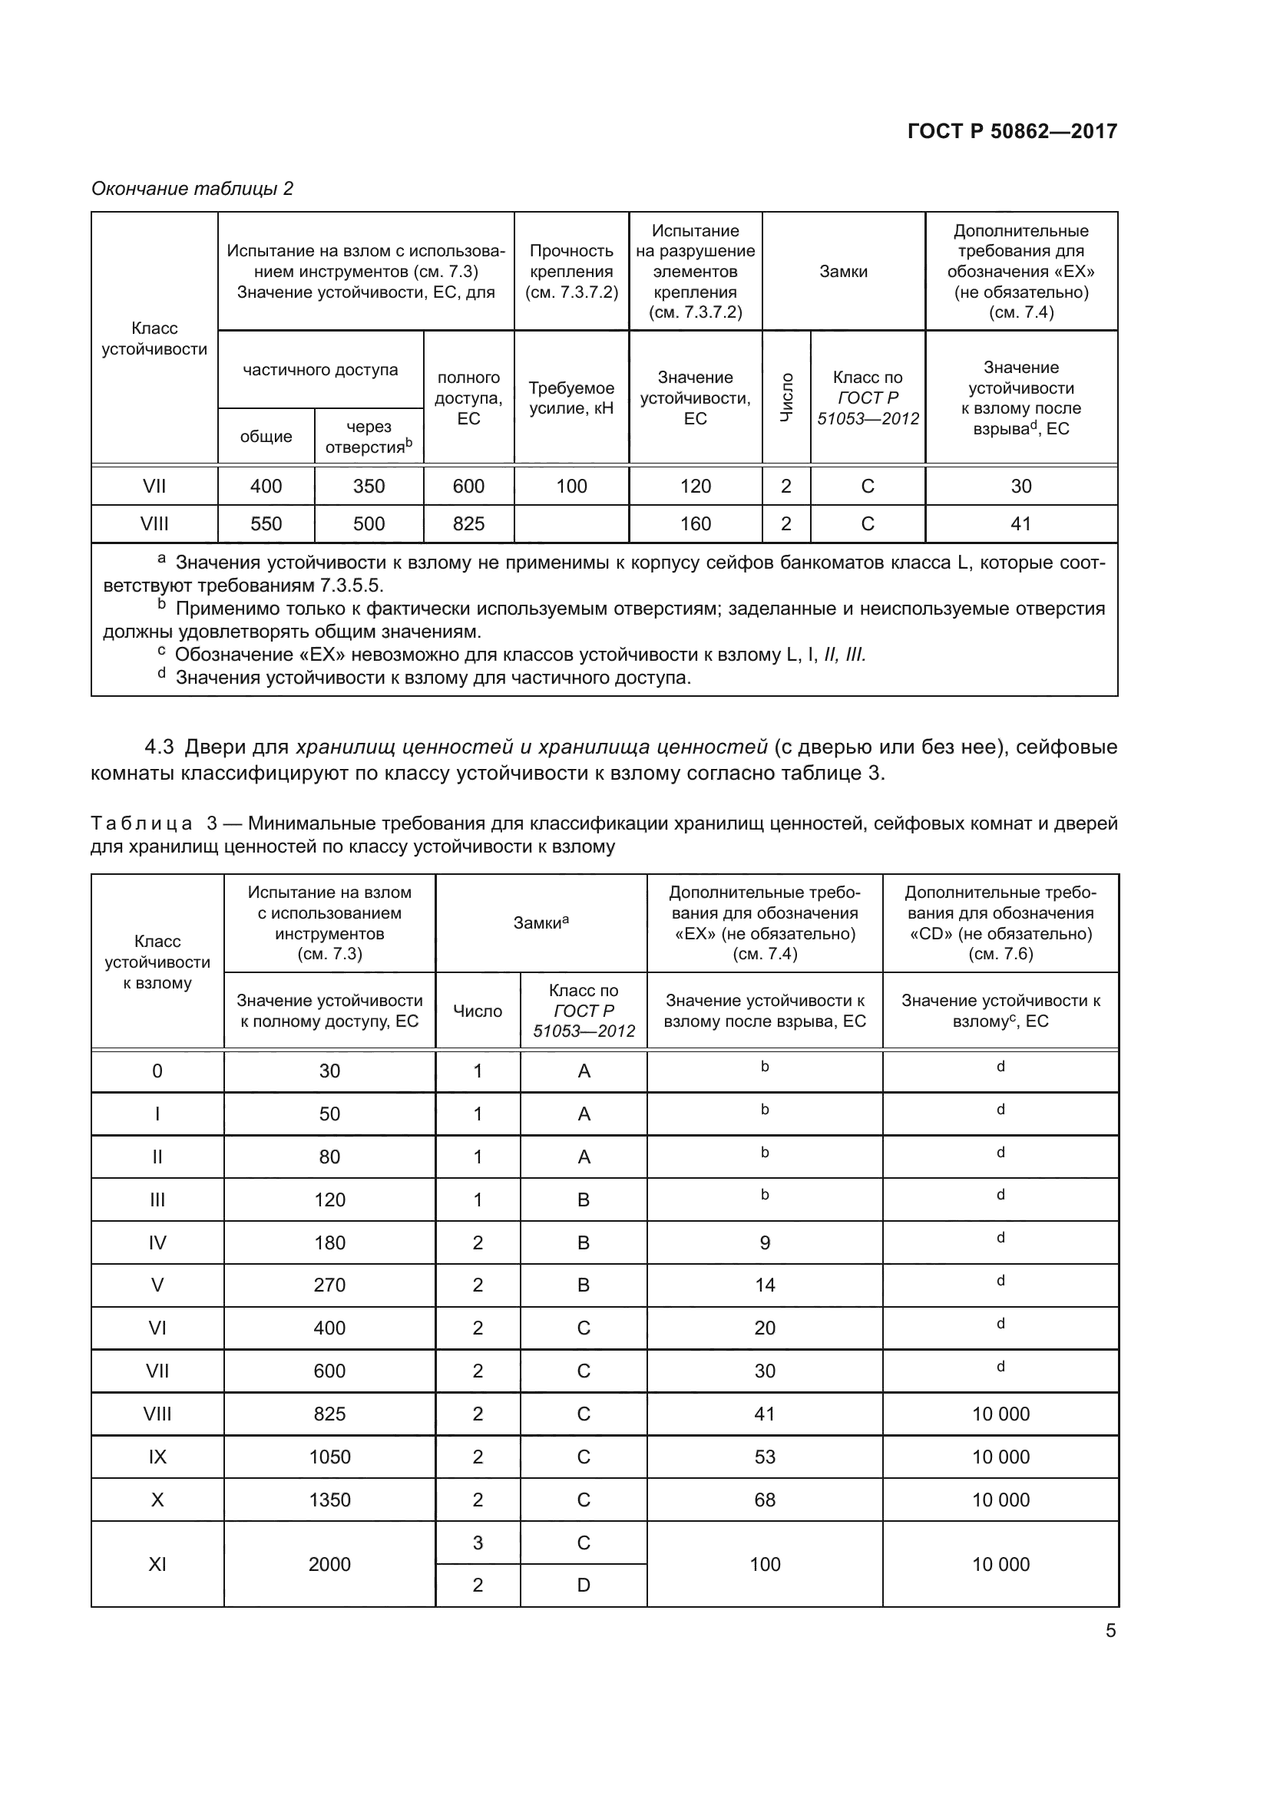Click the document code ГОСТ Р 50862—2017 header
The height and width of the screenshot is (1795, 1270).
click(1012, 131)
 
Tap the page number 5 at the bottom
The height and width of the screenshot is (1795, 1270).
click(1110, 1631)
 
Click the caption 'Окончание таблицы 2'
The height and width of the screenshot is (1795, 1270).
click(193, 189)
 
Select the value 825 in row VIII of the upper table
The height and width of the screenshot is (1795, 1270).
click(468, 524)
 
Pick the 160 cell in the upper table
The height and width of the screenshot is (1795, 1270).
click(695, 524)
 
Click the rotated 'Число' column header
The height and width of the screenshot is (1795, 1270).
click(787, 398)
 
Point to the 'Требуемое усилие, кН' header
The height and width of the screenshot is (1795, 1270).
click(572, 398)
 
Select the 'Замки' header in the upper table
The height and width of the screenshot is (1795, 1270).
click(843, 271)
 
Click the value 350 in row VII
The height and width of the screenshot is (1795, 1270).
click(369, 487)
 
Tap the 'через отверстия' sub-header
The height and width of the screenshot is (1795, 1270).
click(369, 436)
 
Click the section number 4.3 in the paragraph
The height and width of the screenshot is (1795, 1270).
click(159, 747)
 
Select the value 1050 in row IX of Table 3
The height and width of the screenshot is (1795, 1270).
click(329, 1457)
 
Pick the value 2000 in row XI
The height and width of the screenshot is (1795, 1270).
click(329, 1563)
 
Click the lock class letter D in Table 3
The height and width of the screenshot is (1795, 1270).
click(584, 1585)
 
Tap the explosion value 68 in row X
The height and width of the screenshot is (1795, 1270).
click(765, 1500)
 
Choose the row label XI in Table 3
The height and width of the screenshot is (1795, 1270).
click(157, 1563)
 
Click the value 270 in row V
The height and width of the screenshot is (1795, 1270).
click(329, 1285)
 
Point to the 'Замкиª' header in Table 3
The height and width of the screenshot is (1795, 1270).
click(541, 922)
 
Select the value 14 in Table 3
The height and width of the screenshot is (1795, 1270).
click(765, 1285)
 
